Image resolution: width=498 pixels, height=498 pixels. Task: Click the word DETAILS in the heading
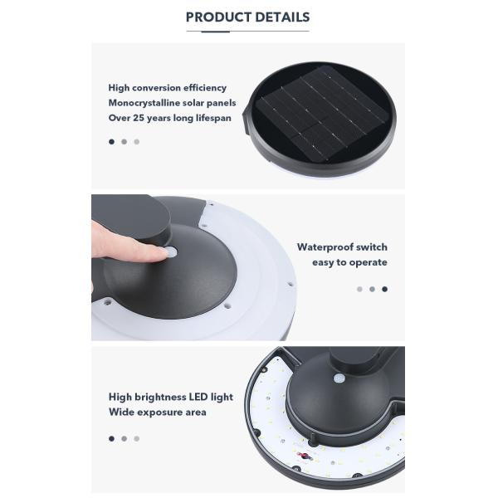coord(282,17)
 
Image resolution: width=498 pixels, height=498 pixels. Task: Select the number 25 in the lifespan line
coord(139,118)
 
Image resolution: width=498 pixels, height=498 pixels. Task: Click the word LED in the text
coord(198,397)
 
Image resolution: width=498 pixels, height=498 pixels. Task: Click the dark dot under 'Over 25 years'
coord(111,142)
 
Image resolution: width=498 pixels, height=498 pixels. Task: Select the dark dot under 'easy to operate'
coord(384,289)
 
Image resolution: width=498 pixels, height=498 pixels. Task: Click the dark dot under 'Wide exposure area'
coord(111,438)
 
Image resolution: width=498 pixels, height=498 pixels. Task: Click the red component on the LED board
coord(305,456)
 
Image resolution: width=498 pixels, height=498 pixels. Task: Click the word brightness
coord(160,398)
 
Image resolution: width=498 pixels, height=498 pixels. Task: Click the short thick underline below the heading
coord(215,32)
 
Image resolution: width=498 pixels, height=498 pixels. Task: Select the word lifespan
coord(213,119)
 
